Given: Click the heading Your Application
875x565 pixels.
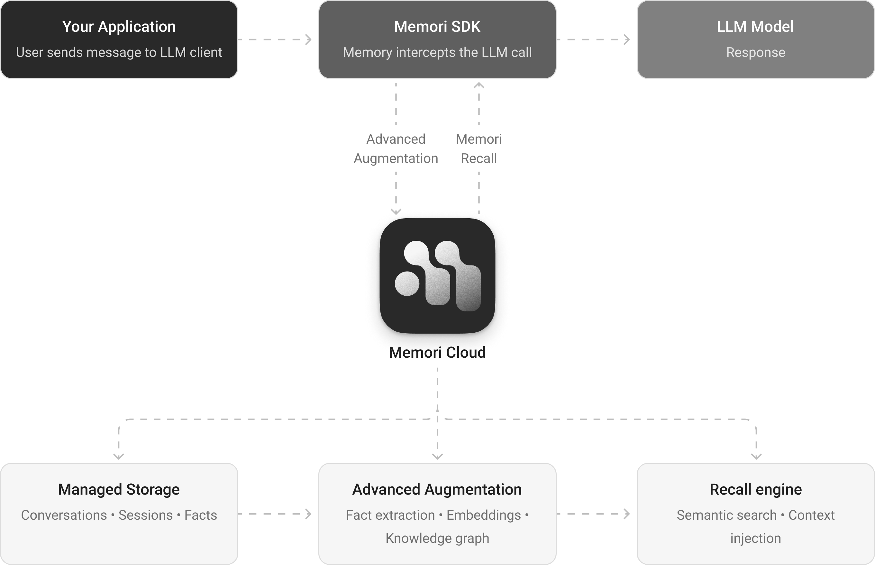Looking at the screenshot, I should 119,27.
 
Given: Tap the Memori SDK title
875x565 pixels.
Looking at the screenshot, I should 437,27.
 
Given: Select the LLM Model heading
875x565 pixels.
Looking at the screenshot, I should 755,27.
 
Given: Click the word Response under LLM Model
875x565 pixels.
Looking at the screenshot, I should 755,52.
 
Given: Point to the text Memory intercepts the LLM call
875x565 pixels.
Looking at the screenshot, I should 437,52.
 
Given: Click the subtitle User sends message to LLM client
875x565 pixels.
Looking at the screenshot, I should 119,52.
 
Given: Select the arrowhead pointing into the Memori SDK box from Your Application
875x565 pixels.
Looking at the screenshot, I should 309,39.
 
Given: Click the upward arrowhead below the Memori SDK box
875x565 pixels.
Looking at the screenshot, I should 479,85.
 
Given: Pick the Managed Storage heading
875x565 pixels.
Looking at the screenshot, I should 119,489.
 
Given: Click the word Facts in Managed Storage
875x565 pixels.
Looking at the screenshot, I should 200,515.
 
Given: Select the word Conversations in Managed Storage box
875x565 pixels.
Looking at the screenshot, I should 64,515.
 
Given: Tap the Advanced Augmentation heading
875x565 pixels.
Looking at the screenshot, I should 437,489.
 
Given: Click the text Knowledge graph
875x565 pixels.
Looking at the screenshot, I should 437,538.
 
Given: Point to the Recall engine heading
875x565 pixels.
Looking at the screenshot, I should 755,489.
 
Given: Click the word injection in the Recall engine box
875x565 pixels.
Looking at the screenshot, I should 755,538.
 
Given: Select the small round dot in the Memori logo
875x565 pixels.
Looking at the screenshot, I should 407,283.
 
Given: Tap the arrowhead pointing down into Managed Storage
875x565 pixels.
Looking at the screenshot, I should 119,456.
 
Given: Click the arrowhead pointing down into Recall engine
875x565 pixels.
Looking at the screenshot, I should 756,456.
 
